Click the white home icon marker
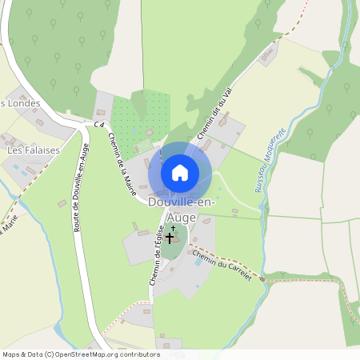click(x=180, y=172)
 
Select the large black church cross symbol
click(x=170, y=238)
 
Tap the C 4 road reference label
click(x=98, y=126)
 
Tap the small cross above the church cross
click(x=173, y=228)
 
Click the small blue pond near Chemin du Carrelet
click(x=198, y=262)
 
